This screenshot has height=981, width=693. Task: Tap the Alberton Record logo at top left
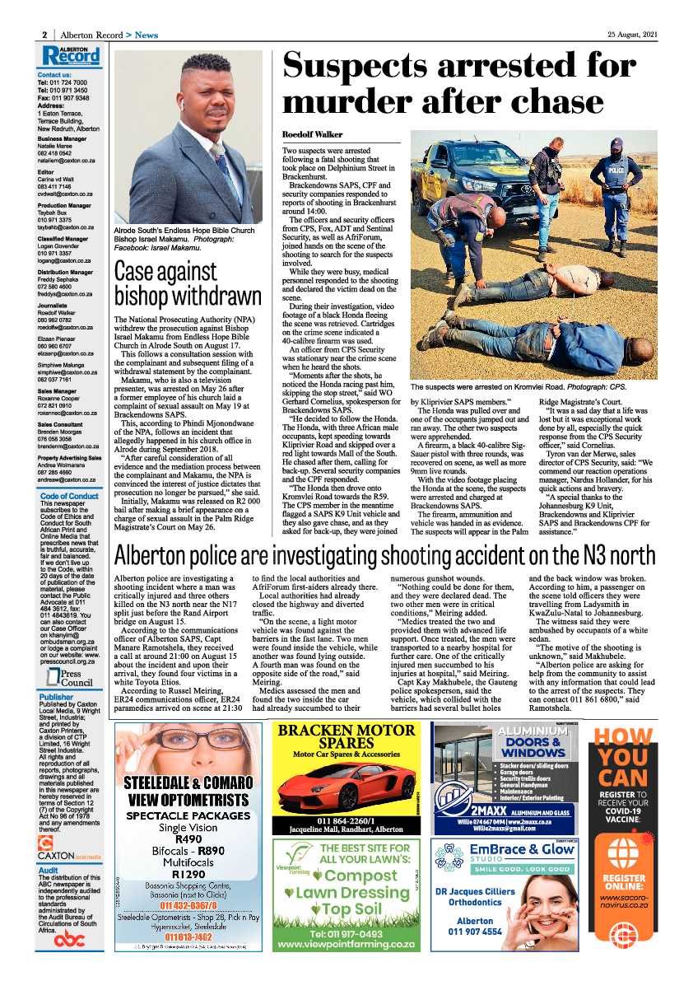[72, 56]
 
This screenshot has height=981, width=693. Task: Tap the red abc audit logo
[69, 940]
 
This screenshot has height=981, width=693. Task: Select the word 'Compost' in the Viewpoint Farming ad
[354, 875]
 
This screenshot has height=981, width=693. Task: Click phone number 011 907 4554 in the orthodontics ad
[475, 932]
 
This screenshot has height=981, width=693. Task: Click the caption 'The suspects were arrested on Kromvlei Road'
[531, 385]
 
